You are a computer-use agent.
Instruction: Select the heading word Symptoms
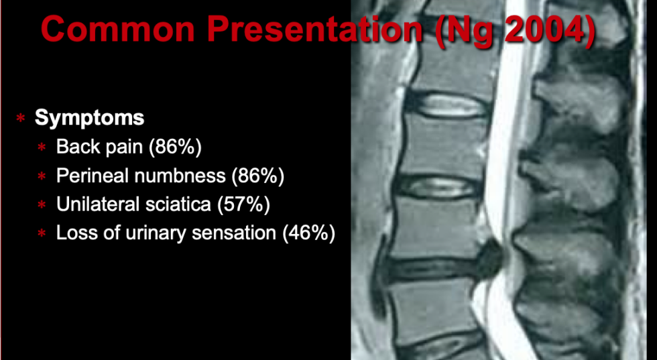pos(90,118)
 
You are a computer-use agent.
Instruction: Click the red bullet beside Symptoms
pos(21,118)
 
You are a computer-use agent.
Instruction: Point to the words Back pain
pos(100,147)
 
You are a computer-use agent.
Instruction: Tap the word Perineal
pos(95,176)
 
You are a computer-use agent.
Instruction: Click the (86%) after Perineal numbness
pos(258,176)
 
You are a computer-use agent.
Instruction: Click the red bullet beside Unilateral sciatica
pos(42,205)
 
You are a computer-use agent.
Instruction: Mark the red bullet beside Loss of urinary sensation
pos(42,234)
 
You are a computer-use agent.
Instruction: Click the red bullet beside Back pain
pos(42,147)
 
